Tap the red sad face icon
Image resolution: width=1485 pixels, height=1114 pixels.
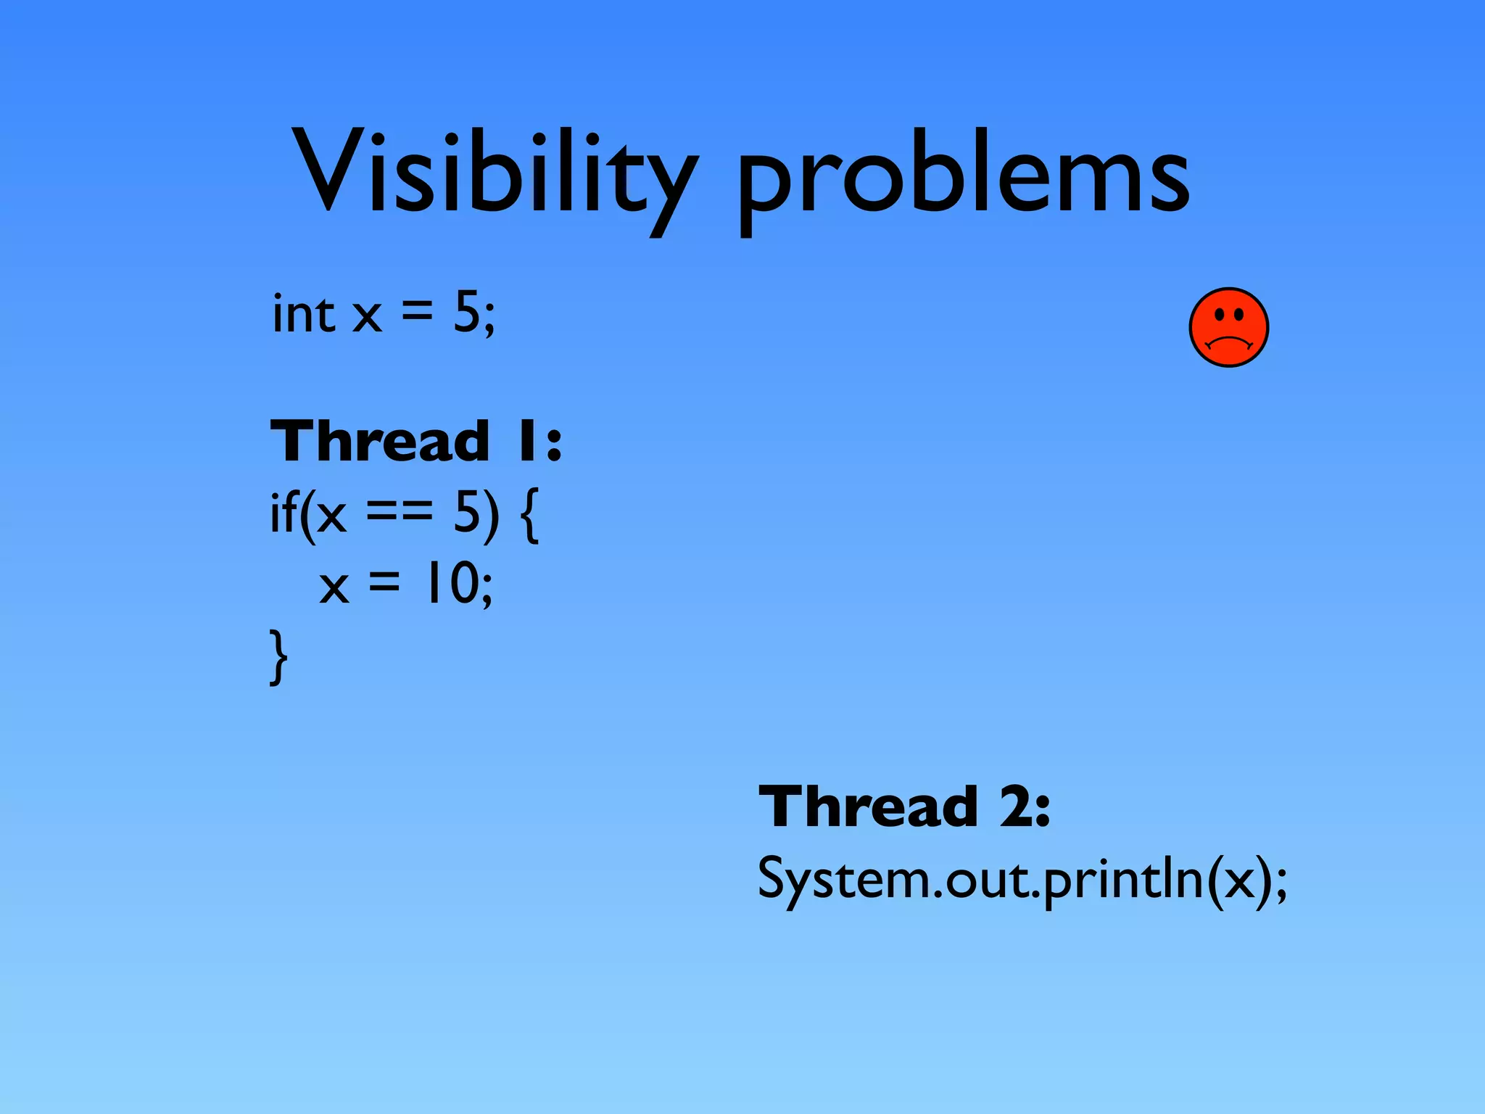tap(1228, 327)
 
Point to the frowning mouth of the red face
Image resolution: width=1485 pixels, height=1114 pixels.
tap(1228, 342)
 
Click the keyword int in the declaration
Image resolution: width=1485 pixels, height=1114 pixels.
tap(303, 314)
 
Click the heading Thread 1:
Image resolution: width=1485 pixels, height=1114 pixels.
tap(415, 441)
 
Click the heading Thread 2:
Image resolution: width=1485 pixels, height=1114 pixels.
tap(904, 806)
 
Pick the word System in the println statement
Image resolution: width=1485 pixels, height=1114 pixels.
tap(841, 879)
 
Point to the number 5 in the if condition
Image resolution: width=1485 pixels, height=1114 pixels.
tap(467, 512)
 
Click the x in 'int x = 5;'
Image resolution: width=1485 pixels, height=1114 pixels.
tap(367, 317)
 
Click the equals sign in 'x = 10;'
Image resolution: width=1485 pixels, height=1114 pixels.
tap(384, 581)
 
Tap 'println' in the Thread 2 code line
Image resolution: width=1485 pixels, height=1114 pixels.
tap(1120, 879)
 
